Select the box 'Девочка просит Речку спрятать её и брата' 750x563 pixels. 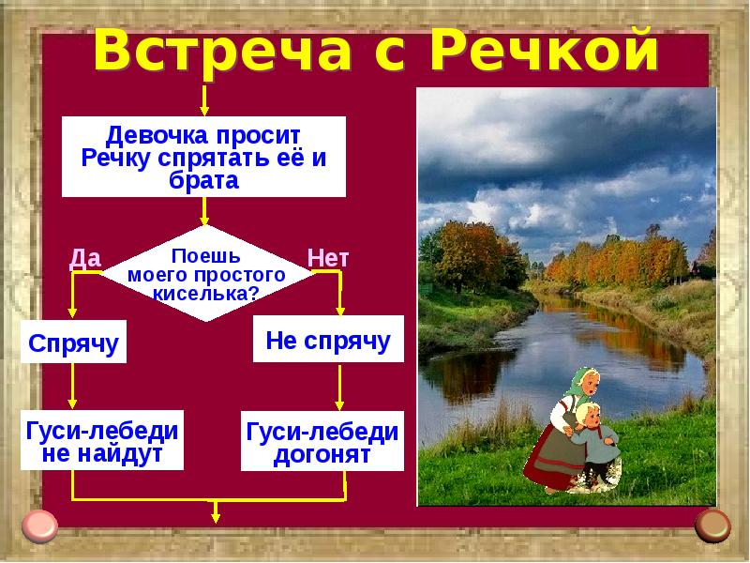(x=203, y=157)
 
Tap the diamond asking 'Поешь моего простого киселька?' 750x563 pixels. (x=206, y=273)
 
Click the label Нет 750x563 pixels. (x=328, y=258)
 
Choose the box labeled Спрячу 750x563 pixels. (x=73, y=342)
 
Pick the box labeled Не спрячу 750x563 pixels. (x=328, y=340)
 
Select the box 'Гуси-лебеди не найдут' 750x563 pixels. (x=102, y=442)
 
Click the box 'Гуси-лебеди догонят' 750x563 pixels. (x=322, y=442)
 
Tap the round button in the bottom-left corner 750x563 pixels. (x=40, y=525)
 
